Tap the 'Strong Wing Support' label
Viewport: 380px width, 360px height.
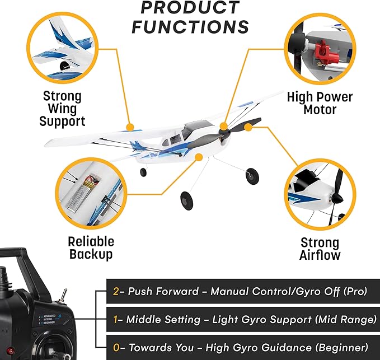pyautogui.click(x=62, y=108)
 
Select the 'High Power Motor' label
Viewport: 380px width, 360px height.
pyautogui.click(x=320, y=103)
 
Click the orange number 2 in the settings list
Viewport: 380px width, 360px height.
pyautogui.click(x=116, y=292)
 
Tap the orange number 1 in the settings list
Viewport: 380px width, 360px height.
pyautogui.click(x=116, y=320)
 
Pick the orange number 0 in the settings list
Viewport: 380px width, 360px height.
pyautogui.click(x=116, y=348)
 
